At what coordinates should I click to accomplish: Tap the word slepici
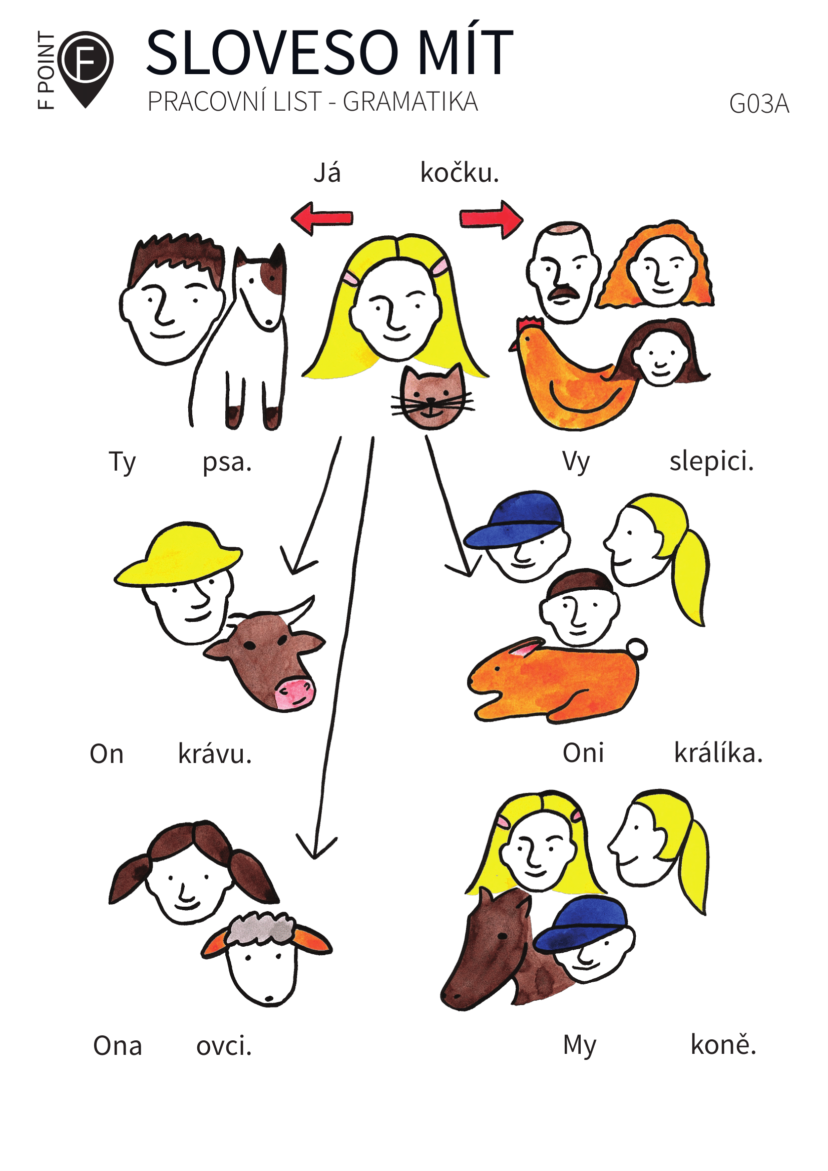(711, 462)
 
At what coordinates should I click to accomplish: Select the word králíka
(718, 753)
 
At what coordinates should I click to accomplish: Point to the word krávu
(215, 754)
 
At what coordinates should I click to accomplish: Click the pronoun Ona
(117, 1046)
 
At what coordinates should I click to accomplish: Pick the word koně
(722, 1045)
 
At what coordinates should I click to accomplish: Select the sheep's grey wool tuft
(260, 928)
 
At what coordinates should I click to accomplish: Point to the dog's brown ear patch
(273, 275)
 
